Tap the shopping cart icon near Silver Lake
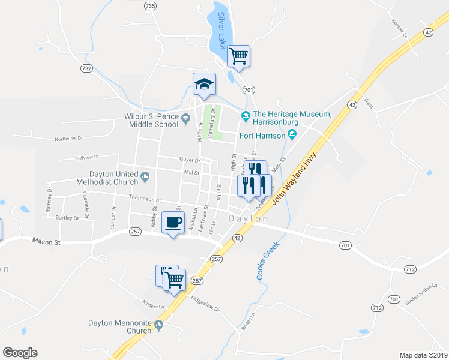coord(238,56)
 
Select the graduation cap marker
coord(204,84)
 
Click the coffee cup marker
coord(173,222)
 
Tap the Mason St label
coord(46,241)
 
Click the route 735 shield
coord(150,6)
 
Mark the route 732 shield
coord(86,68)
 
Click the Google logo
coord(20,353)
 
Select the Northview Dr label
coord(68,138)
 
